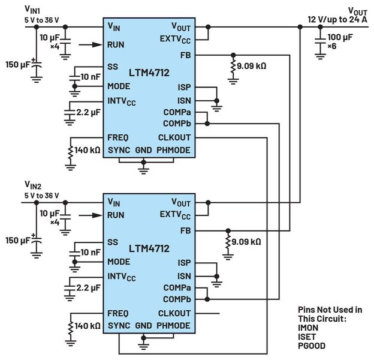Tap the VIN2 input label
click(33, 184)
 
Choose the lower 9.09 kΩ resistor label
click(246, 242)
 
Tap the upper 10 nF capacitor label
click(92, 76)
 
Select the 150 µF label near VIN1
click(17, 64)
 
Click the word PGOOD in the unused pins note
click(313, 346)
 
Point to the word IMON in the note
click(309, 328)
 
